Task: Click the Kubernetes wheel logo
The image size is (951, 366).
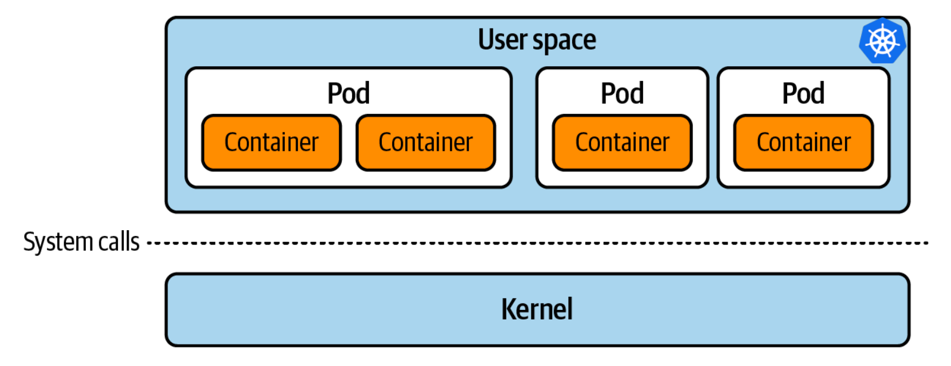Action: pyautogui.click(x=882, y=41)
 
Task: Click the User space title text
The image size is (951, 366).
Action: pyautogui.click(x=537, y=40)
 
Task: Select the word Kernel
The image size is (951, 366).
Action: pyautogui.click(x=537, y=309)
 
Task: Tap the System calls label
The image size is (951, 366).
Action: pyautogui.click(x=81, y=242)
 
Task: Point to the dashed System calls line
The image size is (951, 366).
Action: pyautogui.click(x=536, y=243)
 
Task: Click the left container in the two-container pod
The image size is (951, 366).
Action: pyautogui.click(x=272, y=142)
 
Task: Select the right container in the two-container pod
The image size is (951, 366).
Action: pyautogui.click(x=425, y=142)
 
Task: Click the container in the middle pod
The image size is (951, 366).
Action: pyautogui.click(x=622, y=142)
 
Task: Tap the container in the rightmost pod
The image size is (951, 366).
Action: pyautogui.click(x=803, y=142)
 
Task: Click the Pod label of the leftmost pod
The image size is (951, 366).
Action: pyautogui.click(x=349, y=94)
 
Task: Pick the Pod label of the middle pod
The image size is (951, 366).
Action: pyautogui.click(x=622, y=94)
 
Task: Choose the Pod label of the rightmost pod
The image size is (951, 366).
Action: pyautogui.click(x=803, y=94)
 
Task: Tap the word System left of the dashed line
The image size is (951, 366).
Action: pyautogui.click(x=58, y=242)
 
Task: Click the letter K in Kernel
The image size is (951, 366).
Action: pyautogui.click(x=508, y=309)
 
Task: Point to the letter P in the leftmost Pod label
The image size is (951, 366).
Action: pyautogui.click(x=335, y=94)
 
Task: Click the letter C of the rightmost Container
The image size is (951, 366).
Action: pyautogui.click(x=763, y=142)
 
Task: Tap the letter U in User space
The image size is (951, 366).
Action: pyautogui.click(x=486, y=40)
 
